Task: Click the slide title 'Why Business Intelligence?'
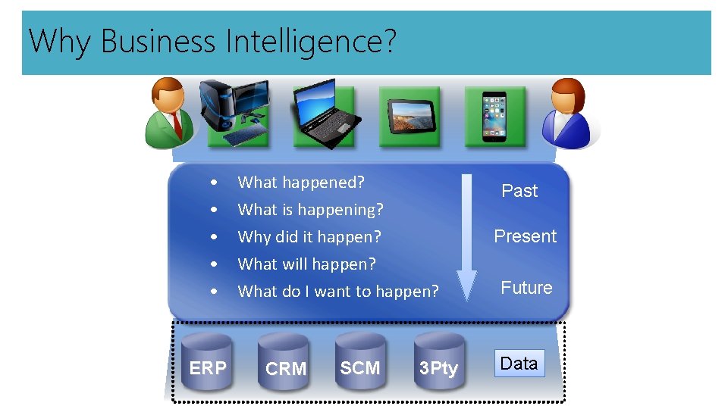pyautogui.click(x=212, y=41)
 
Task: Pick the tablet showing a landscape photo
pyautogui.click(x=409, y=114)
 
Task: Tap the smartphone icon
pyautogui.click(x=494, y=114)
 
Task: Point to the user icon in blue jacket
pyautogui.click(x=570, y=113)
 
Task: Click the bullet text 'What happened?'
pyautogui.click(x=301, y=182)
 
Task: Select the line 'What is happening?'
pyautogui.click(x=310, y=209)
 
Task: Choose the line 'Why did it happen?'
pyautogui.click(x=309, y=236)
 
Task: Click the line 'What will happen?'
pyautogui.click(x=306, y=264)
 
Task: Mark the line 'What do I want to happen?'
pyautogui.click(x=338, y=291)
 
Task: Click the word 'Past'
pyautogui.click(x=519, y=191)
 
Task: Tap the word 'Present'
pyautogui.click(x=526, y=236)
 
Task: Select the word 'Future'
pyautogui.click(x=526, y=288)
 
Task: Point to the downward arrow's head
pyautogui.click(x=466, y=285)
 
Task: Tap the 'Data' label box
pyautogui.click(x=519, y=364)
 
